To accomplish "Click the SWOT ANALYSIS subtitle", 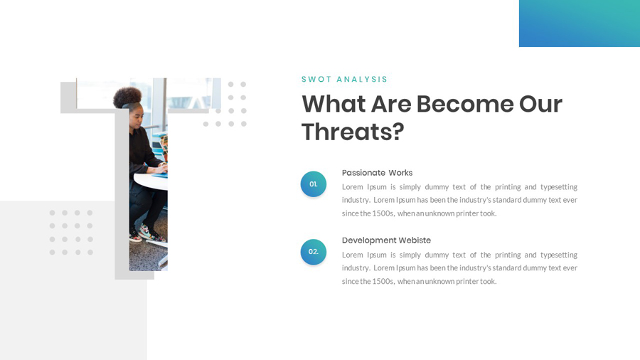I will click(x=344, y=80).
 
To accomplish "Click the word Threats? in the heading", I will click(x=353, y=132).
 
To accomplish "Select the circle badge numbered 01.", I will click(x=314, y=184).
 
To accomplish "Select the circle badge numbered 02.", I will click(x=314, y=252).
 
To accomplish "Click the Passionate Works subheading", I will click(x=377, y=173).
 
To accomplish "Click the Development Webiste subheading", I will click(x=386, y=240).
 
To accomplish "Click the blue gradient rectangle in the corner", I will click(x=579, y=23).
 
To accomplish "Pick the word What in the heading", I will click(x=332, y=104).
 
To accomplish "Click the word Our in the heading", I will click(x=540, y=104).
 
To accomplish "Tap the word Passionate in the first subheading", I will click(x=363, y=173).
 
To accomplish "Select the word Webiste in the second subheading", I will click(x=415, y=240).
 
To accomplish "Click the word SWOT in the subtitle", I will click(x=316, y=80).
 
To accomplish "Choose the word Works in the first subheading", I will click(x=400, y=173).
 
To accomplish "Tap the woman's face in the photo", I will click(x=137, y=114).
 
